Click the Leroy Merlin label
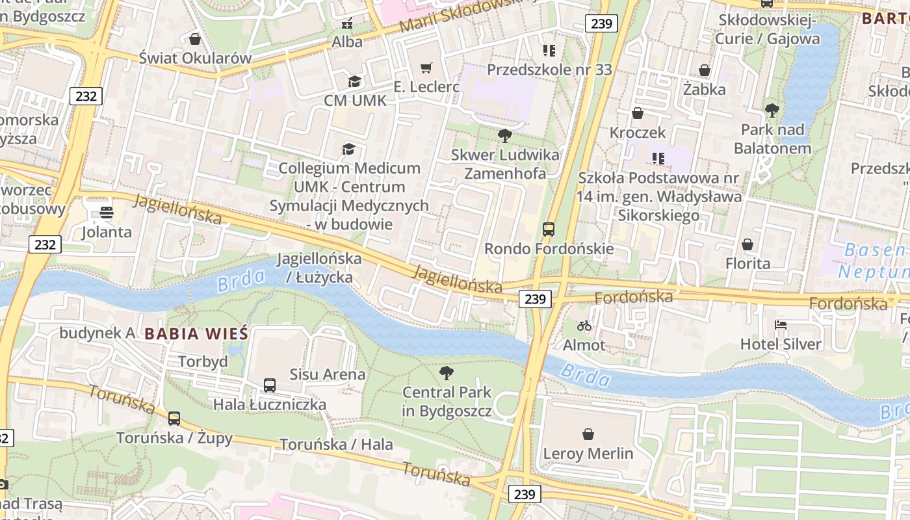[x=588, y=453]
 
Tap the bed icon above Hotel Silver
[x=781, y=325]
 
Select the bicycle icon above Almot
[x=584, y=326]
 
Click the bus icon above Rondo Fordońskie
[x=549, y=229]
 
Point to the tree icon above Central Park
[x=446, y=373]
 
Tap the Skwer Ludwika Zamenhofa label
[x=505, y=164]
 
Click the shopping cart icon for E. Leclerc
[x=426, y=68]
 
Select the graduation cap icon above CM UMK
[x=354, y=81]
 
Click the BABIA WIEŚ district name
[x=196, y=334]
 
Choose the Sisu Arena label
[x=328, y=374]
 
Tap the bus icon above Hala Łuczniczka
[x=270, y=385]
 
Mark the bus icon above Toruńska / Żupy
[x=174, y=419]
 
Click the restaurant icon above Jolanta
[x=107, y=213]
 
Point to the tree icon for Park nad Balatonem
[x=772, y=110]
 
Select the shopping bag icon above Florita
[x=747, y=244]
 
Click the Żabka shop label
[x=704, y=89]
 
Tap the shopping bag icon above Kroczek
[x=638, y=113]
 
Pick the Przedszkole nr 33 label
[x=549, y=69]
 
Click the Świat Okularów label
[x=195, y=58]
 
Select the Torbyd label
[x=203, y=361]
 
